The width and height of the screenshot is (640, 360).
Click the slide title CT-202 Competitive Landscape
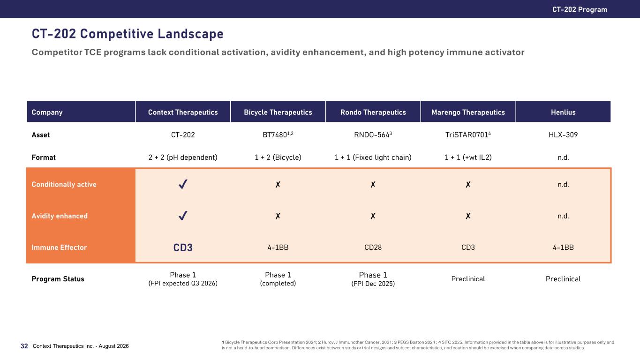point(128,34)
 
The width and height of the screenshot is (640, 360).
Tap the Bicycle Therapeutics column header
point(278,112)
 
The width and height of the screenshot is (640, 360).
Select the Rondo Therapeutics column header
point(373,112)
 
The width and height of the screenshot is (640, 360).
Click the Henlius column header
point(563,112)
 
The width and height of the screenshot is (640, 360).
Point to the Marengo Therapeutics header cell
point(468,112)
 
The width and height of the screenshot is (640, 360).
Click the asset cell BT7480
point(278,134)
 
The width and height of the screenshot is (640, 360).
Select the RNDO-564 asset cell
point(373,134)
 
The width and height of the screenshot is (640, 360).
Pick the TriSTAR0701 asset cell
point(468,134)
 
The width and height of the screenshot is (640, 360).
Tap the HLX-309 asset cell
point(563,135)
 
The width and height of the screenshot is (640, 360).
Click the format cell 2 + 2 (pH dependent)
point(183,157)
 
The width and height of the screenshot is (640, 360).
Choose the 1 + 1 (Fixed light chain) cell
point(373,157)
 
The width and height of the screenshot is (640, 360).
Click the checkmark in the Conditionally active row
point(183,184)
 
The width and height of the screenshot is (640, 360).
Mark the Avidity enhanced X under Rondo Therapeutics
point(373,216)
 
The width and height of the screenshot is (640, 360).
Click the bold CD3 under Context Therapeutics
point(183,247)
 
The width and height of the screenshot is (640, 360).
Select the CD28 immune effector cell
point(373,247)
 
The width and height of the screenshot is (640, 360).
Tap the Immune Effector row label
point(59,247)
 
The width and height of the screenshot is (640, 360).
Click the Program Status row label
point(58,279)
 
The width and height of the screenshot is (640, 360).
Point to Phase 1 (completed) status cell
point(278,279)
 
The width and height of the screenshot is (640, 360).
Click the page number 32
point(24,346)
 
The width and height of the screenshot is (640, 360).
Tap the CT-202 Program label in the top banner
point(580,9)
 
